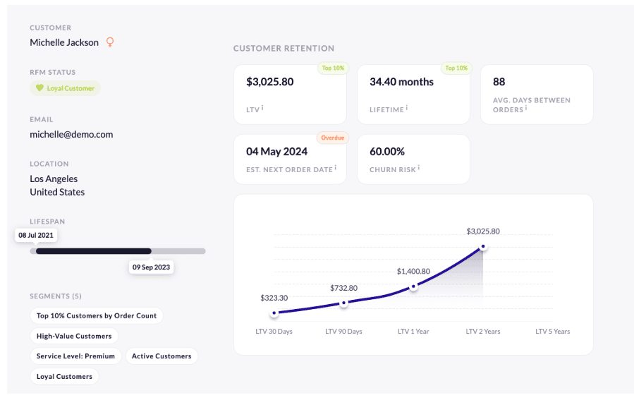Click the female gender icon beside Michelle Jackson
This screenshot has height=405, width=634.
110,42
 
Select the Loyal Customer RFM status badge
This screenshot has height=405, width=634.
65,88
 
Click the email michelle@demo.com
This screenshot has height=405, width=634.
71,134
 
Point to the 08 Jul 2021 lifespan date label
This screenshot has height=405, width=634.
37,235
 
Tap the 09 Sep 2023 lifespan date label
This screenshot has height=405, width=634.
152,267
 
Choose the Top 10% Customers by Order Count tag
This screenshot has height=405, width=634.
97,316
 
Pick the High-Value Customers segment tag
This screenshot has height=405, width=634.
74,336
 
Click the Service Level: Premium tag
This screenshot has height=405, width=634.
75,356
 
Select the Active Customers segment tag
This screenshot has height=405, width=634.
161,356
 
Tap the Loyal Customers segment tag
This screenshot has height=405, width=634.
64,377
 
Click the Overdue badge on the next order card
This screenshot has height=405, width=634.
333,138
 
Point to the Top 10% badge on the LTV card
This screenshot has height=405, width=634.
331,68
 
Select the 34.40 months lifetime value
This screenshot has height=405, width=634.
401,82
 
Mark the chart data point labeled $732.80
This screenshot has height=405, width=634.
343,303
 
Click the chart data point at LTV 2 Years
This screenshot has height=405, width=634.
483,247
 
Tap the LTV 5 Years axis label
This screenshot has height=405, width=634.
552,332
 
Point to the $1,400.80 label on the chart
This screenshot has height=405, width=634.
413,271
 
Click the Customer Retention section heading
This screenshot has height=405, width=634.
284,49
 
